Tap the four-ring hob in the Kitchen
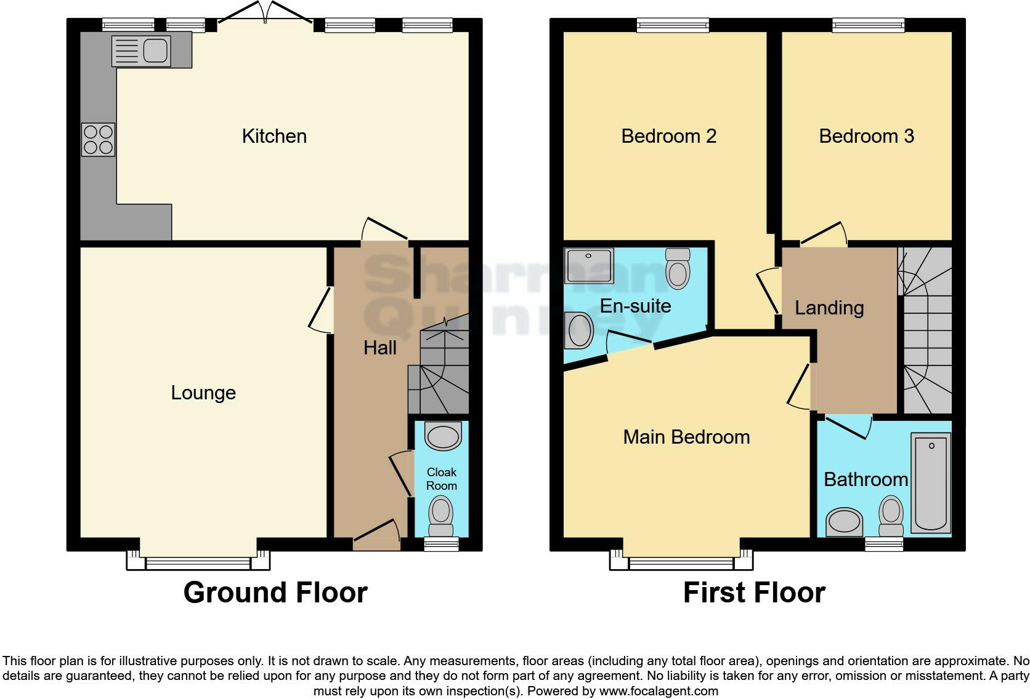[98, 140]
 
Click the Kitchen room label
[274, 136]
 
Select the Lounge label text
[203, 393]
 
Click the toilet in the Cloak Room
[440, 516]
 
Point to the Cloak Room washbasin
[443, 437]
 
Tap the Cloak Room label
[441, 479]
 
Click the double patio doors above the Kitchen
[266, 14]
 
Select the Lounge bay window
[198, 559]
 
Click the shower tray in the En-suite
[589, 266]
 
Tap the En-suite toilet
[678, 268]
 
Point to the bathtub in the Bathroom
[931, 482]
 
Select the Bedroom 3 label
[866, 136]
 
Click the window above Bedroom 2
[673, 25]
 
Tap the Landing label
[829, 308]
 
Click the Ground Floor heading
[275, 593]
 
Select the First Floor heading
[754, 593]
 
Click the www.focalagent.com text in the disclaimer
[659, 691]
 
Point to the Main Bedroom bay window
[681, 559]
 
